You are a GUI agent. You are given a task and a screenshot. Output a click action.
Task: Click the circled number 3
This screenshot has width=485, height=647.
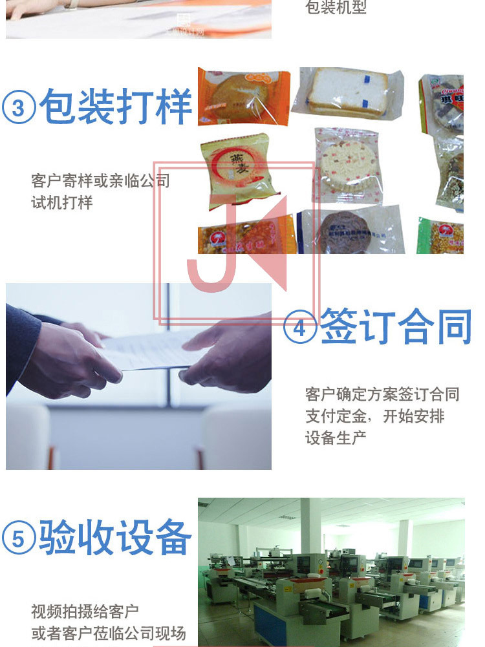click(19, 107)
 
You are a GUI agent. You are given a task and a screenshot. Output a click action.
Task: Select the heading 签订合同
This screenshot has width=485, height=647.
click(396, 326)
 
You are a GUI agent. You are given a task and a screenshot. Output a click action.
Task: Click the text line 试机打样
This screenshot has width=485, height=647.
click(62, 202)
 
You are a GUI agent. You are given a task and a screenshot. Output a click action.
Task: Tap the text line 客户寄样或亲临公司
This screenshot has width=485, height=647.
click(100, 180)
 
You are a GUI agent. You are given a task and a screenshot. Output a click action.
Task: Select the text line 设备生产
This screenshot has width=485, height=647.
click(336, 438)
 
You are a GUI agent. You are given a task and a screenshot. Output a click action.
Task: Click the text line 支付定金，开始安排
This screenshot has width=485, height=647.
click(375, 416)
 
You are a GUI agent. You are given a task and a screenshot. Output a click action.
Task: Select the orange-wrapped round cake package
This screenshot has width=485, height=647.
click(242, 96)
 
